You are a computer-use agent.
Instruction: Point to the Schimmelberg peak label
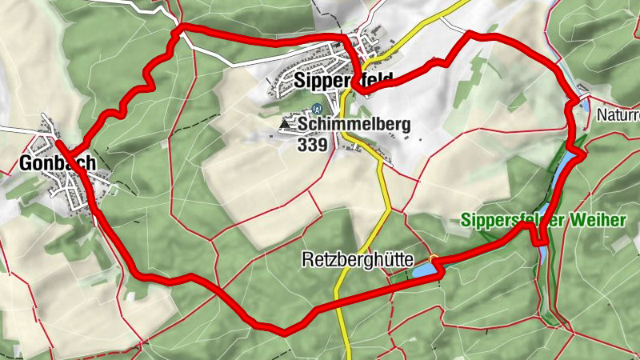click(354, 124)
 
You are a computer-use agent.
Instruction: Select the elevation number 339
click(311, 145)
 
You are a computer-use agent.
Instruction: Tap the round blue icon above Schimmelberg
click(318, 109)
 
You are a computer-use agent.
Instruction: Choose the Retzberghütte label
click(358, 259)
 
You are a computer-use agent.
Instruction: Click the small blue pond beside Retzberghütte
click(425, 272)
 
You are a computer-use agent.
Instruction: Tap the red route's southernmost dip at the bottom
click(282, 329)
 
